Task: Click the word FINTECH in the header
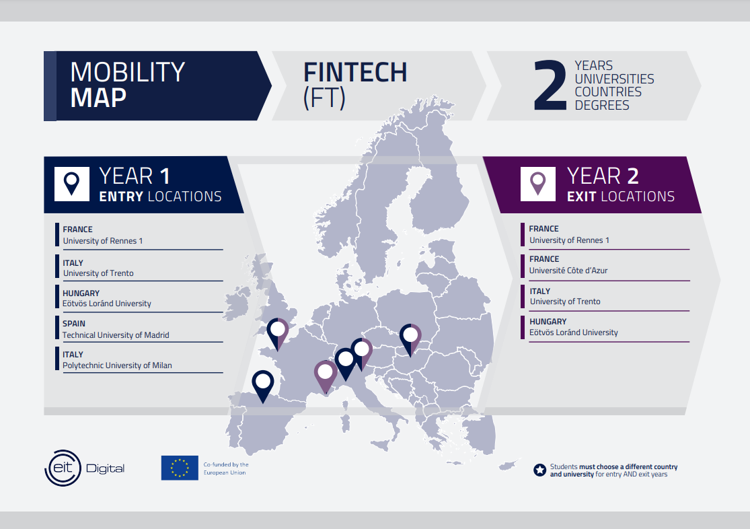(x=355, y=72)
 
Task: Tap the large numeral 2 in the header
(x=550, y=85)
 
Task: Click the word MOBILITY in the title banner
(x=127, y=72)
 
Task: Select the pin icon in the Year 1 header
(x=72, y=184)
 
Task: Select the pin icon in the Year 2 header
(x=537, y=183)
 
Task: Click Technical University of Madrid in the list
(x=116, y=335)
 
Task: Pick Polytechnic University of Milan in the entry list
(x=117, y=365)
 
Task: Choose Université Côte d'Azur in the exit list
(x=568, y=271)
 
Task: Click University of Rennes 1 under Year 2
(x=569, y=240)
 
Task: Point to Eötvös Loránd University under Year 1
(x=107, y=304)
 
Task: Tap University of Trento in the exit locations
(x=565, y=302)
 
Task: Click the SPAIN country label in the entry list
(x=74, y=324)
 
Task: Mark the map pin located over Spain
(x=262, y=386)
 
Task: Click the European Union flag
(x=180, y=468)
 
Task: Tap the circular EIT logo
(x=63, y=468)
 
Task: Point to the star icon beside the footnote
(x=539, y=470)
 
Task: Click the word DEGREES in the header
(x=602, y=105)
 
